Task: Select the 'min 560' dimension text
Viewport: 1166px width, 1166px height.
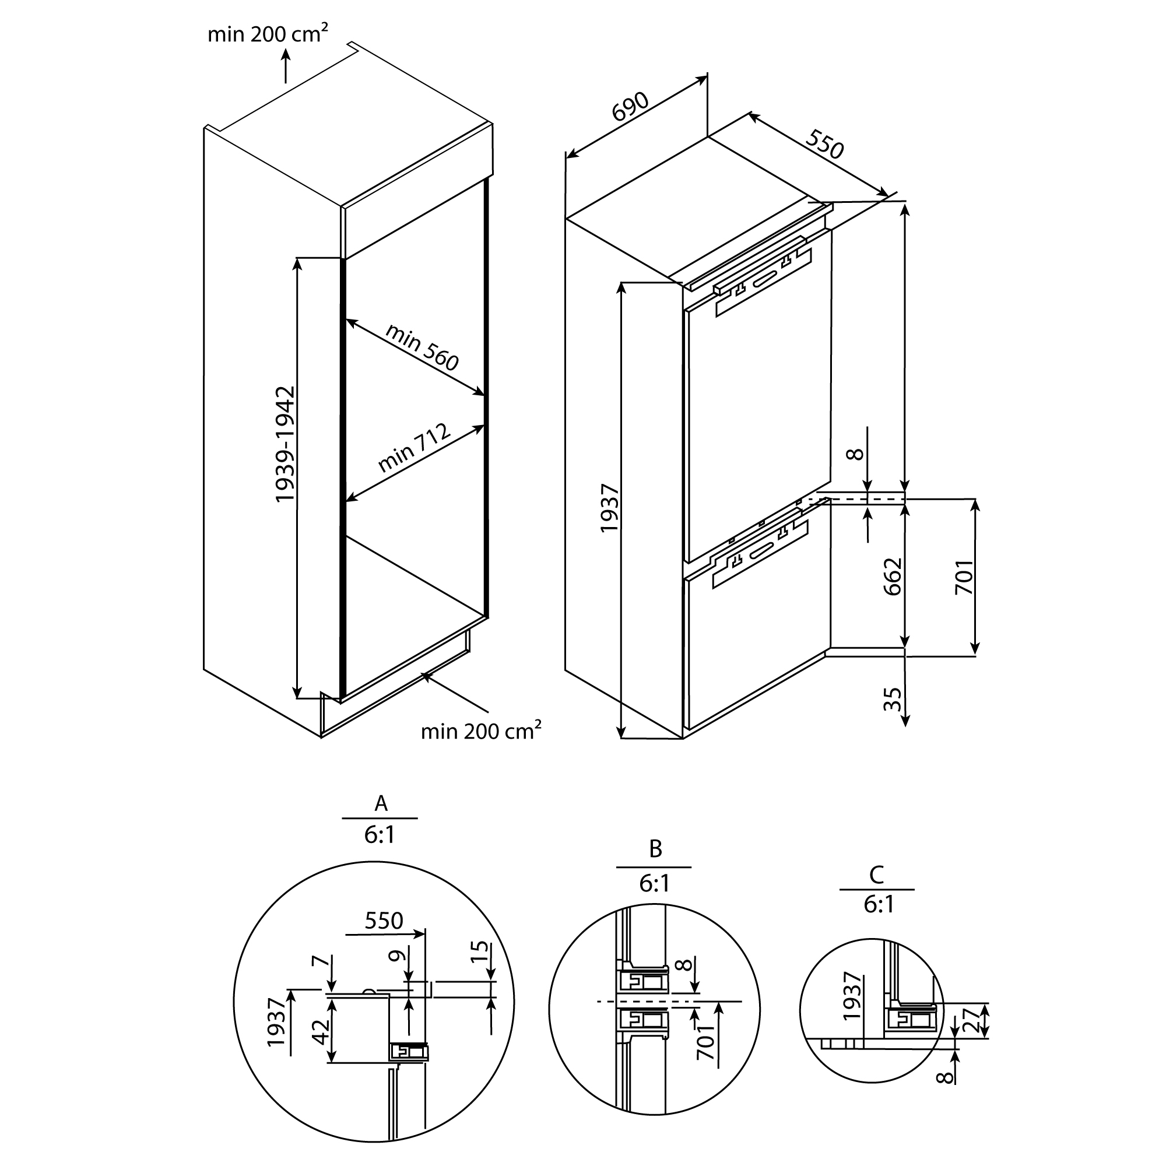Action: pyautogui.click(x=422, y=346)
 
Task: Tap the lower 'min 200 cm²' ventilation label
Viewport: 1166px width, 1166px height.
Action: pyautogui.click(x=480, y=732)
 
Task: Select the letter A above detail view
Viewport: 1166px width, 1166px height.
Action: pyautogui.click(x=380, y=803)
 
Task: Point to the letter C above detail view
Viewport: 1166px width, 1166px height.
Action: pyautogui.click(x=876, y=874)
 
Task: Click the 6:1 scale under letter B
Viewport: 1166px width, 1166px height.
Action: pyautogui.click(x=654, y=884)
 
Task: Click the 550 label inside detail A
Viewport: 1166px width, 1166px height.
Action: pyautogui.click(x=384, y=921)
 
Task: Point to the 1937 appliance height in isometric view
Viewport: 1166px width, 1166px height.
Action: pyautogui.click(x=610, y=508)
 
